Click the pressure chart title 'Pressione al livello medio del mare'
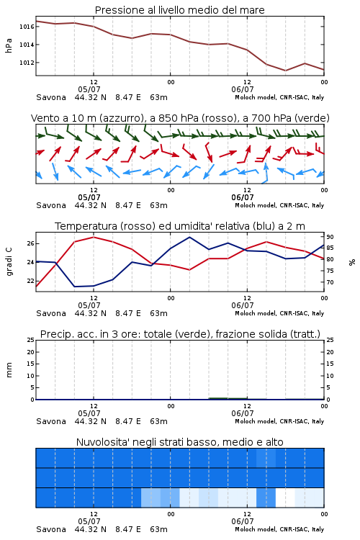coord(179,10)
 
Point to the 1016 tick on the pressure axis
coord(27,27)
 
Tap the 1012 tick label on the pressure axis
coord(27,63)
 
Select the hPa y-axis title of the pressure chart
coord(9,45)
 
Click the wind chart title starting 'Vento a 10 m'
coord(180,118)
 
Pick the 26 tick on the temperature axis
coord(30,243)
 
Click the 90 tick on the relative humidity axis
coord(330,237)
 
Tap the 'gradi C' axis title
coord(9,262)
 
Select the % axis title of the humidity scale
coord(352,262)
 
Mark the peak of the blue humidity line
coord(189,237)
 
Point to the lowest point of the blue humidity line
coord(75,287)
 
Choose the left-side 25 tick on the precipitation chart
coord(30,340)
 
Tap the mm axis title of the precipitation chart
coord(9,370)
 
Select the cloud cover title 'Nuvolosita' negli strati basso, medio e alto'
coord(179,442)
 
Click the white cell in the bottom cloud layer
coord(285,498)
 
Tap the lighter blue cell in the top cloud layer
coord(266,458)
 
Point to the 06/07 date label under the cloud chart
coord(243,521)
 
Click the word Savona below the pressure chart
coord(51,97)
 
